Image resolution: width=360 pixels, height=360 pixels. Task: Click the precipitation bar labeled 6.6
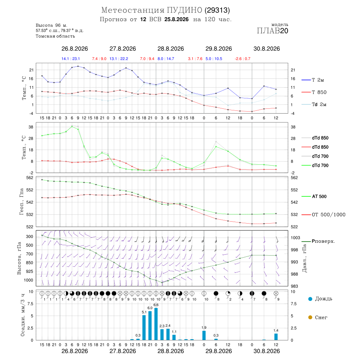[x=156, y=324]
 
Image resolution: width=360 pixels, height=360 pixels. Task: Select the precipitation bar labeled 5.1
[x=144, y=328]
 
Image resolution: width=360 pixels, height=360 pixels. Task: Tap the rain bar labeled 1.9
[x=204, y=336]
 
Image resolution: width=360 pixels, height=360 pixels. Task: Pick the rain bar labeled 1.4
[x=276, y=337]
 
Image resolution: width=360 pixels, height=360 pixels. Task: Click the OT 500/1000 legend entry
[x=324, y=215]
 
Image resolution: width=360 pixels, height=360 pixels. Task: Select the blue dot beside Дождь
[x=310, y=299]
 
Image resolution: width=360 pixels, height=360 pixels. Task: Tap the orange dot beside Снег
[x=310, y=318]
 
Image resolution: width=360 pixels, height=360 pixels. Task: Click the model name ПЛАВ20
[x=272, y=31]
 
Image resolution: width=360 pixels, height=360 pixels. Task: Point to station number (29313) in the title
[x=217, y=10]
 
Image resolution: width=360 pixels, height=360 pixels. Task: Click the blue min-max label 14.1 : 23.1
[x=70, y=59]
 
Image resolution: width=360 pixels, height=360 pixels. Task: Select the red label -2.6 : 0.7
[x=242, y=59]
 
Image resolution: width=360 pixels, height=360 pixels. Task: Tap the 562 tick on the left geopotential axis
[x=30, y=178]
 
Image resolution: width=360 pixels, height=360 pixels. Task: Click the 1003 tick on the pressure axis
[x=295, y=238]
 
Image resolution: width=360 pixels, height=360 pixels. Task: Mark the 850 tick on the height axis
[x=30, y=263]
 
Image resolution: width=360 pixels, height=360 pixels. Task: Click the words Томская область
[x=55, y=36]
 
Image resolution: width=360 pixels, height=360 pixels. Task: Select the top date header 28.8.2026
[x=170, y=49]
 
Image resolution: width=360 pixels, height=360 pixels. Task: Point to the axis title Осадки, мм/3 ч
[x=22, y=315]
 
